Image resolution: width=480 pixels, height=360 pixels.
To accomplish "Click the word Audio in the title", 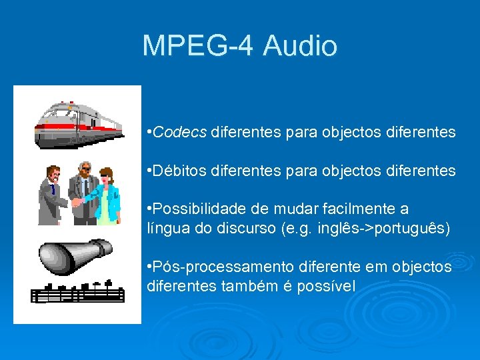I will point(300,46).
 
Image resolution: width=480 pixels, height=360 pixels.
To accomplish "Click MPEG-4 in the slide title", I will point(199,46).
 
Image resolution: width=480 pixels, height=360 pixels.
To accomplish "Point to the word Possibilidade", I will point(195,210).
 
